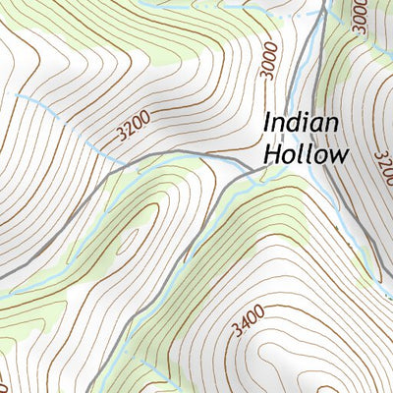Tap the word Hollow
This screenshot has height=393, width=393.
(x=307, y=154)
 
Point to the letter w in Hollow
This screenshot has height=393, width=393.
(x=339, y=155)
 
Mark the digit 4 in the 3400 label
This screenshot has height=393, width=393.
(x=246, y=320)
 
